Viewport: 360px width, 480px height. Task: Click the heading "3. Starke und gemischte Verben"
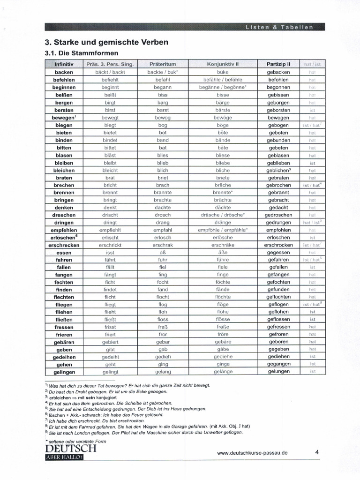(106, 42)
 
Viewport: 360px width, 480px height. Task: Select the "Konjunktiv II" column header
(223, 64)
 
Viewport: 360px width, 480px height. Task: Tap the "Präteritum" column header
(163, 64)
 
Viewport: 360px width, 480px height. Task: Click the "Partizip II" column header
(278, 64)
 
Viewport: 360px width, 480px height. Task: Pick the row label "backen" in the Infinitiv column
(64, 72)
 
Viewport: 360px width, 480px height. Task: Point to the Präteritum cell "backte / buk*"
(163, 72)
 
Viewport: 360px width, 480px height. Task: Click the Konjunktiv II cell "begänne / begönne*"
(223, 87)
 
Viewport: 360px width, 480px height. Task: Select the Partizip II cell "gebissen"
(278, 95)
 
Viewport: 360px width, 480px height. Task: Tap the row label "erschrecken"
(64, 245)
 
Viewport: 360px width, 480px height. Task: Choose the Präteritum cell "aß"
(163, 253)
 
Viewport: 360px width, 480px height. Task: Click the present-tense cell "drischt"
(110, 215)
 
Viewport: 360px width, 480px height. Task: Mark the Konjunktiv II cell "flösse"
(223, 320)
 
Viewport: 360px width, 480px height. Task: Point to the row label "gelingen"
(64, 372)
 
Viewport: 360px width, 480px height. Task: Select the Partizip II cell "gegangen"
(278, 365)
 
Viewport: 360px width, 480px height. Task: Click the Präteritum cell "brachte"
(163, 200)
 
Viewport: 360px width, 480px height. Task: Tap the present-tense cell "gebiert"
(110, 342)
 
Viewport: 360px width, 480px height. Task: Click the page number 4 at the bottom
(317, 452)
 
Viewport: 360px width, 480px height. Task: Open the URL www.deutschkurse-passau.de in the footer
(253, 453)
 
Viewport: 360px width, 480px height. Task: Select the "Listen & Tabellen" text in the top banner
(279, 27)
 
